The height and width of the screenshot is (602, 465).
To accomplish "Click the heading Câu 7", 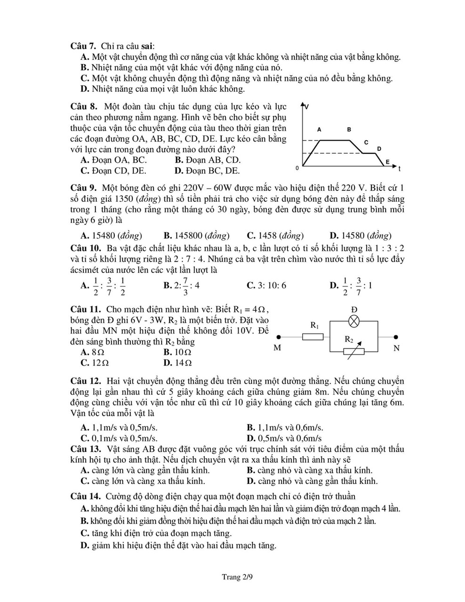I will pyautogui.click(x=83, y=46).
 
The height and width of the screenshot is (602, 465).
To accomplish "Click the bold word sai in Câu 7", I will pyautogui.click(x=147, y=46).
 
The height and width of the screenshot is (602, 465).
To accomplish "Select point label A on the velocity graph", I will pyautogui.click(x=320, y=129).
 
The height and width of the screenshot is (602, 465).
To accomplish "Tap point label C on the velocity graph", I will pyautogui.click(x=366, y=142).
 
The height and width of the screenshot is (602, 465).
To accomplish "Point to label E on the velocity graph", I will pyautogui.click(x=387, y=162).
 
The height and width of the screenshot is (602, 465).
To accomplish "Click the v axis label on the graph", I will pyautogui.click(x=307, y=107).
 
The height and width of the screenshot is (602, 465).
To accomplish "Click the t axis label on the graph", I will pyautogui.click(x=399, y=168).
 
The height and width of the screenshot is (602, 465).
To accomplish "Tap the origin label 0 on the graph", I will pyautogui.click(x=297, y=168).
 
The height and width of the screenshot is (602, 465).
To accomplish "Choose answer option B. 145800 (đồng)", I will pyautogui.click(x=196, y=236).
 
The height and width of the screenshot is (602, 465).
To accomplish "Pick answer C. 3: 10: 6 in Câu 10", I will pyautogui.click(x=266, y=285).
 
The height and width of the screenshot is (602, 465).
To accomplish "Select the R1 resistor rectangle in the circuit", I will pyautogui.click(x=313, y=336).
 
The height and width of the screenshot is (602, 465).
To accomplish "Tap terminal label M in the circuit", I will pyautogui.click(x=277, y=348).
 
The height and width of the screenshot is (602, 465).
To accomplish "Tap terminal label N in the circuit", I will pyautogui.click(x=396, y=348).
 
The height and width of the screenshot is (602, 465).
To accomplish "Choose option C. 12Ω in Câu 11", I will pyautogui.click(x=95, y=363).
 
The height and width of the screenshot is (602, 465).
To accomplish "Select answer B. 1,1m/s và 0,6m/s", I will pyautogui.click(x=285, y=428).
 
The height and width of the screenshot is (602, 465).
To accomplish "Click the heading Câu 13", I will pyautogui.click(x=86, y=449).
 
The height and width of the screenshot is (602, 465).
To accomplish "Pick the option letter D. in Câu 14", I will pyautogui.click(x=85, y=546).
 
